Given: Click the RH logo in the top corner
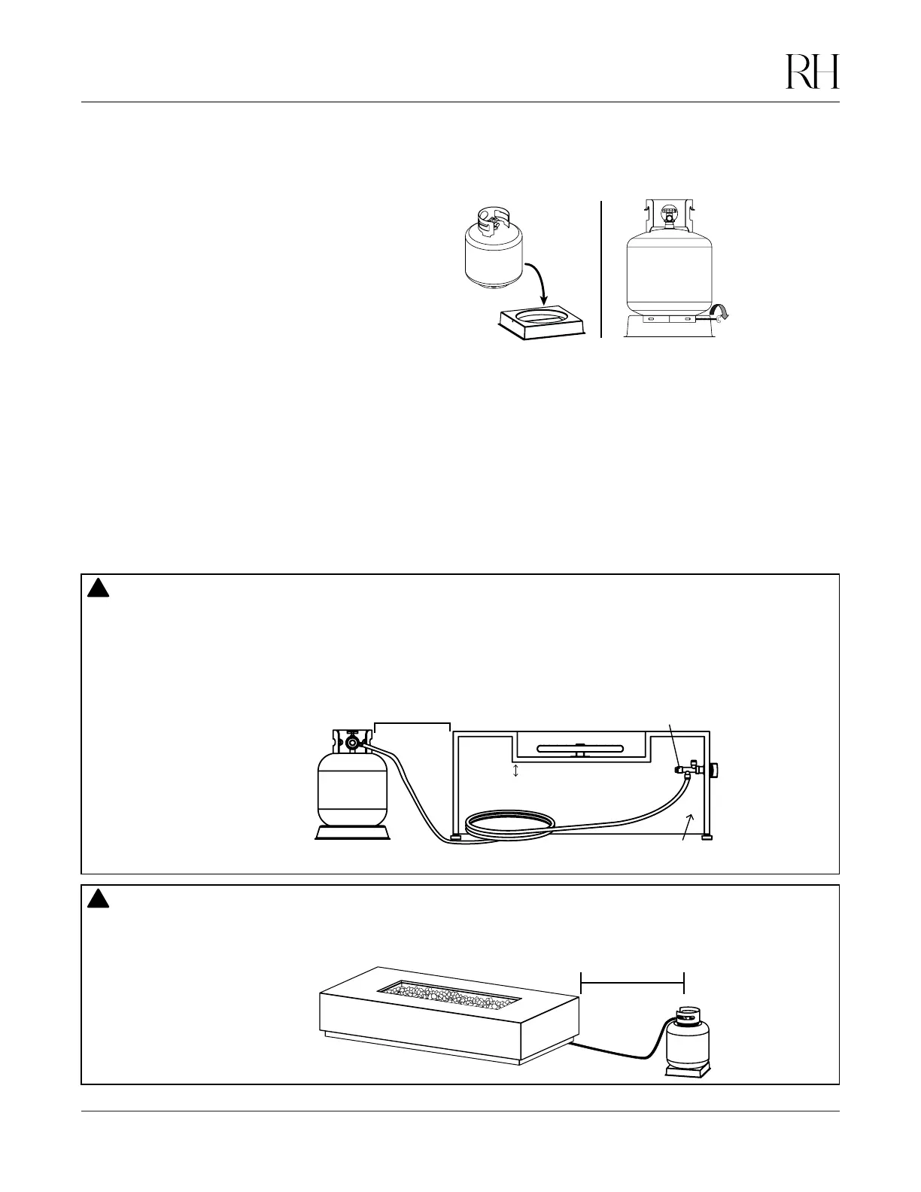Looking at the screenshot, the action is coord(813,71).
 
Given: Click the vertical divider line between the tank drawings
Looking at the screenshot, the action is coord(602,269).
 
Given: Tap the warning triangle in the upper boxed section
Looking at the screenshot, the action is coord(99,588).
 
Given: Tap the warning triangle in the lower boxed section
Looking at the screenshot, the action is coord(99,899).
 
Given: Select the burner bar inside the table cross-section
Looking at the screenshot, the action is coord(579,748).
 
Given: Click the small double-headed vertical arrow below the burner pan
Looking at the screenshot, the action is coord(515,771).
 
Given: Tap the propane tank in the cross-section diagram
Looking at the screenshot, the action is coord(351,786).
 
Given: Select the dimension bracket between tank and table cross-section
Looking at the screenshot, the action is coord(412,725).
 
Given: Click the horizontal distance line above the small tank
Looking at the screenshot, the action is coord(633,982).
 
